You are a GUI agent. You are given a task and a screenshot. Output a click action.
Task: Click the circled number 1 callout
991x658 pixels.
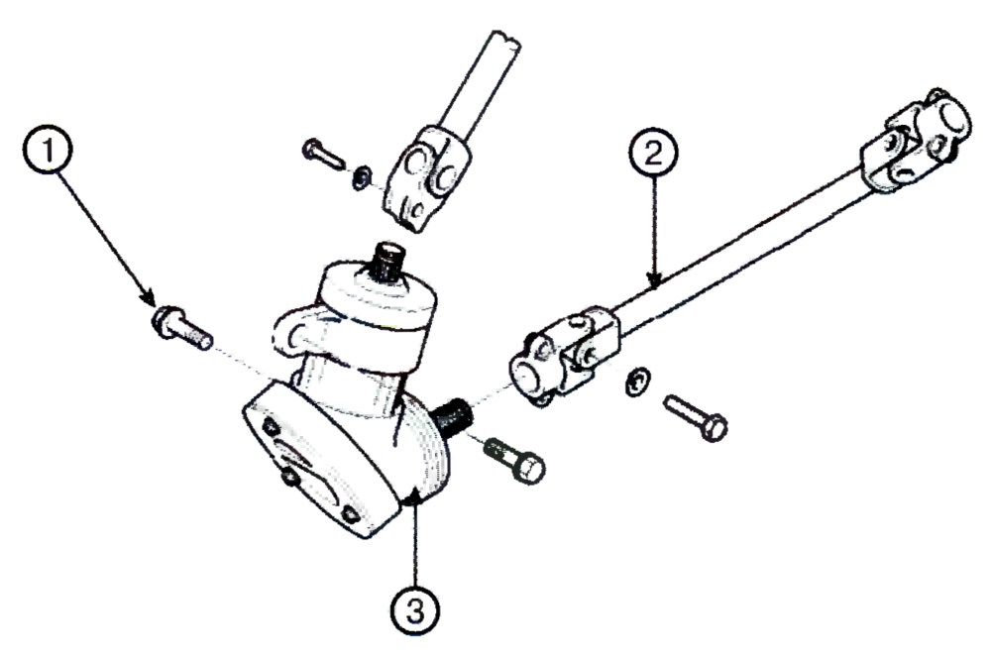pyautogui.click(x=48, y=150)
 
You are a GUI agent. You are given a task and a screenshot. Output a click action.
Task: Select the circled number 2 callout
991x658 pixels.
pyautogui.click(x=653, y=154)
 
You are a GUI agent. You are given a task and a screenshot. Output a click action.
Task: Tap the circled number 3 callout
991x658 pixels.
pyautogui.click(x=415, y=611)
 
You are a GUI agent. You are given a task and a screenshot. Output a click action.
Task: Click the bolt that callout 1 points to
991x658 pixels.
pyautogui.click(x=180, y=326)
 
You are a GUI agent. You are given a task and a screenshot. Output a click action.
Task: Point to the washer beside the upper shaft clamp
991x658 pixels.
pyautogui.click(x=362, y=176)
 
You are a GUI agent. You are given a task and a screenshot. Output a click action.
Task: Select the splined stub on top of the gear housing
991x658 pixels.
pyautogui.click(x=390, y=262)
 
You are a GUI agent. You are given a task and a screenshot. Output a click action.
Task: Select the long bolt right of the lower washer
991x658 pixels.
pyautogui.click(x=696, y=417)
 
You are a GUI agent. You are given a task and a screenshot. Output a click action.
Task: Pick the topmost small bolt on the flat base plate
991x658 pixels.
pyautogui.click(x=271, y=427)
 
